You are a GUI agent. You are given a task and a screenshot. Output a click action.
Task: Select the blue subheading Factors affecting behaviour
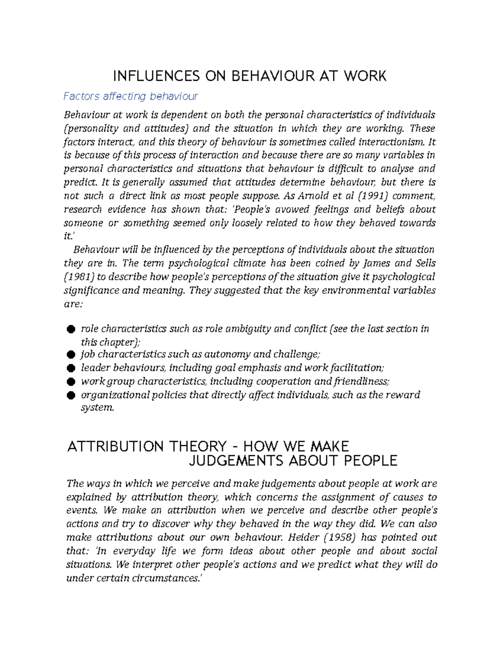130,96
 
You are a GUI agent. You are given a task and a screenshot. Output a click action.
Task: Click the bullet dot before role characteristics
71,329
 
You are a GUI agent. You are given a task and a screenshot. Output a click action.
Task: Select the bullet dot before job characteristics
71,355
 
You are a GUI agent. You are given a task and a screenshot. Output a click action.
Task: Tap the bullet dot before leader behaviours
71,368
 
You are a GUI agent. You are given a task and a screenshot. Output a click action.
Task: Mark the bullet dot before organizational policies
71,395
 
